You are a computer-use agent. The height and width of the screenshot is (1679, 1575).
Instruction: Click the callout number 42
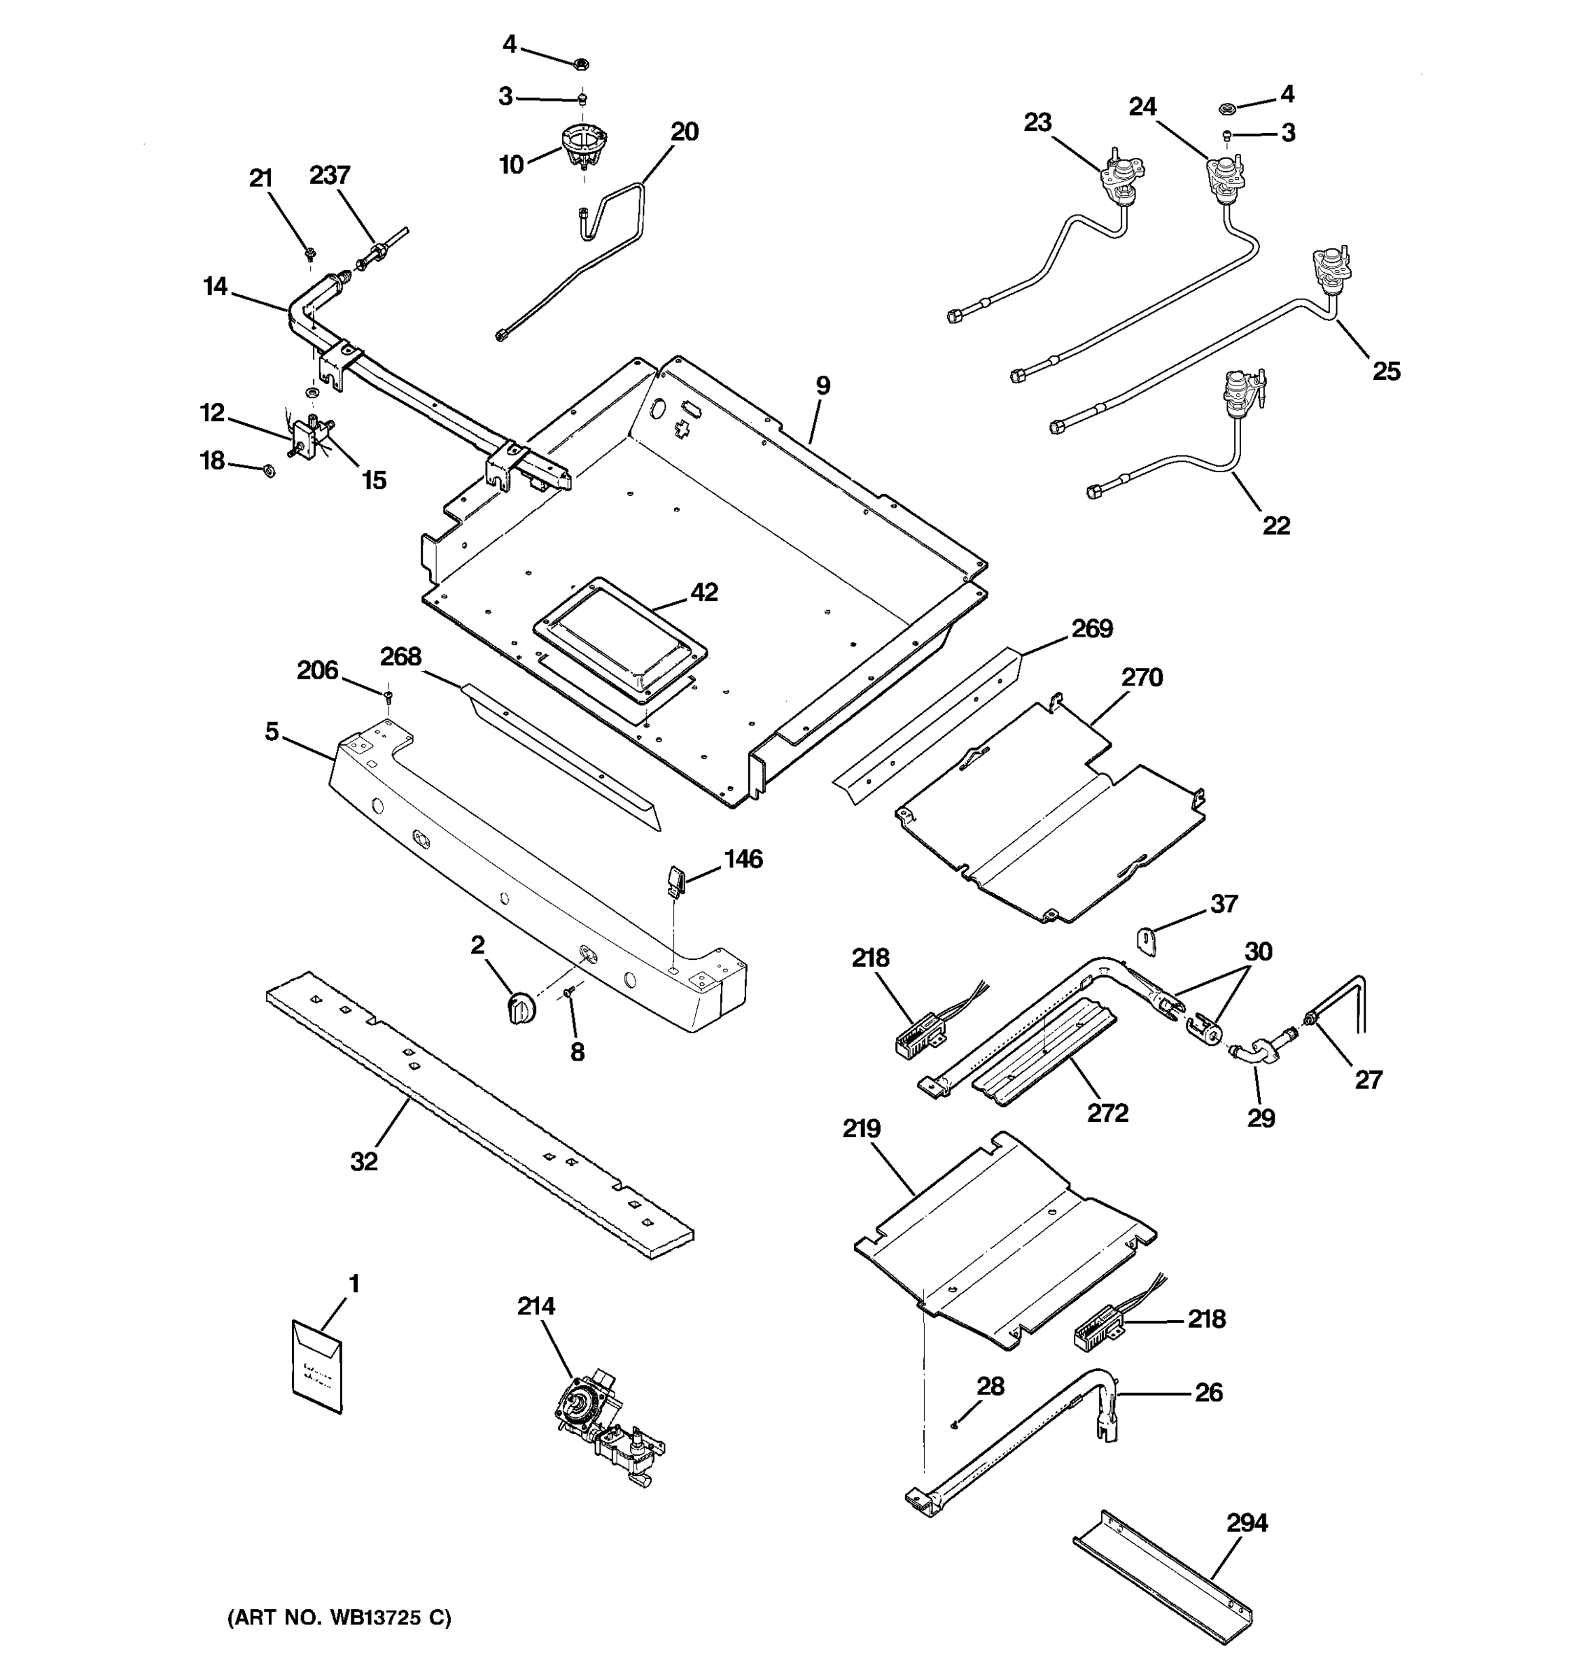tap(703, 592)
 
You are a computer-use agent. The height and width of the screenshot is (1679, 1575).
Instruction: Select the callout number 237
tap(330, 175)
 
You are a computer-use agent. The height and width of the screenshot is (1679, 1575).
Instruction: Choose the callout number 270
tap(1142, 677)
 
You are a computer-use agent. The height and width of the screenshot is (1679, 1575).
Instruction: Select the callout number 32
tap(363, 1162)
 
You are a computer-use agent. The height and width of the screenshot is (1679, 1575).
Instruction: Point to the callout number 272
tap(1107, 1113)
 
